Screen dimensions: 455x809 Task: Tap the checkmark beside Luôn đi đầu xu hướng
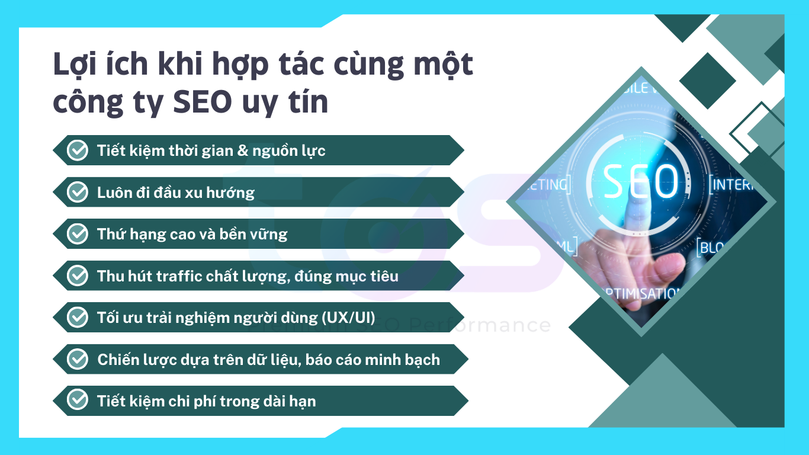click(x=77, y=192)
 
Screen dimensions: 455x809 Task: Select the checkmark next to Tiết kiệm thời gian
click(x=77, y=150)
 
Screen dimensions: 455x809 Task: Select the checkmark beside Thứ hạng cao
click(x=77, y=234)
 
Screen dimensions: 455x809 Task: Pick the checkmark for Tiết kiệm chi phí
click(x=77, y=400)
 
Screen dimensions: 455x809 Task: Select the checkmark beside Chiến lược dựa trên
click(x=77, y=359)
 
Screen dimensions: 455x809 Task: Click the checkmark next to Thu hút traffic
click(x=77, y=276)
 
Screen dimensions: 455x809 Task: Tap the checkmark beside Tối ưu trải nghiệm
click(x=77, y=318)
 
